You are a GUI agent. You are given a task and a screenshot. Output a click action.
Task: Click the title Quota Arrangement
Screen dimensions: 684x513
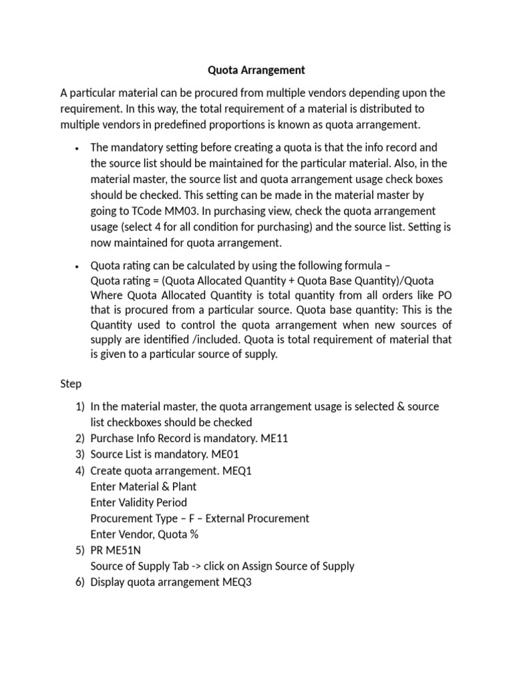(x=256, y=69)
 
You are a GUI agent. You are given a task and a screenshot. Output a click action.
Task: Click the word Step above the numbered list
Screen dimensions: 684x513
(x=71, y=383)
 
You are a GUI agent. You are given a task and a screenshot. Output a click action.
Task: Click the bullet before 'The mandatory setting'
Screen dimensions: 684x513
(x=78, y=148)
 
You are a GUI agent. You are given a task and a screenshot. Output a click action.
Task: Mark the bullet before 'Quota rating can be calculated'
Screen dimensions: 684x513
(x=78, y=264)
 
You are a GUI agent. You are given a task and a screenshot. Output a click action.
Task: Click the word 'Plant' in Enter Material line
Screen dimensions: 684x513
(x=183, y=486)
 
